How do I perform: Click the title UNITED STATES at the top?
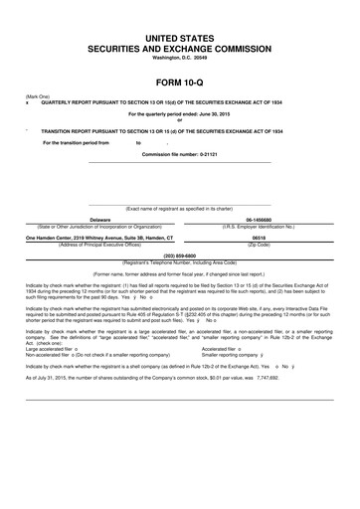(x=180, y=36)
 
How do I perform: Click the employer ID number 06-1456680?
(x=259, y=220)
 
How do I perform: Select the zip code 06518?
(x=259, y=238)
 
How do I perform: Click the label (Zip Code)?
(x=259, y=245)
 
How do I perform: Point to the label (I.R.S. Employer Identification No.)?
(x=259, y=227)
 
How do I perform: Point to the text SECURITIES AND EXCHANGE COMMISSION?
(x=180, y=47)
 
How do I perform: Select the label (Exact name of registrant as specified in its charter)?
(x=180, y=209)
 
